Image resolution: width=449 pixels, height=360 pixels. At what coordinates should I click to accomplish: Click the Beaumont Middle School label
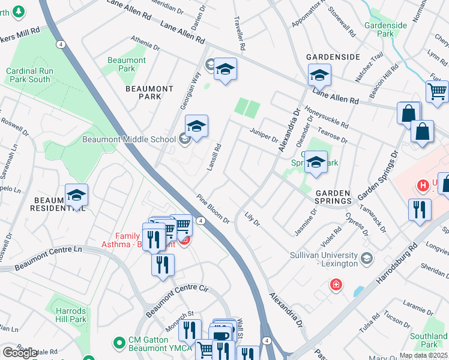pos(129,140)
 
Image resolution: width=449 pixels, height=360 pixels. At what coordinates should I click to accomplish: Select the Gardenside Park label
pos(385,29)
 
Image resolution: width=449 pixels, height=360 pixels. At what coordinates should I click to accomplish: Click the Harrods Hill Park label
pos(71,316)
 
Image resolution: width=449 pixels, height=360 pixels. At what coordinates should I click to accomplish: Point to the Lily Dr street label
pos(252,220)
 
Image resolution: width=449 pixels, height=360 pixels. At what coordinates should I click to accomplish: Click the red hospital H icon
pos(423,185)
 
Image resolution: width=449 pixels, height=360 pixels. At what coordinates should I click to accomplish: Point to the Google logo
pos(20,353)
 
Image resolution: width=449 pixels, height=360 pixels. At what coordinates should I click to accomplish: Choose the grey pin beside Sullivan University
pos(367,258)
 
